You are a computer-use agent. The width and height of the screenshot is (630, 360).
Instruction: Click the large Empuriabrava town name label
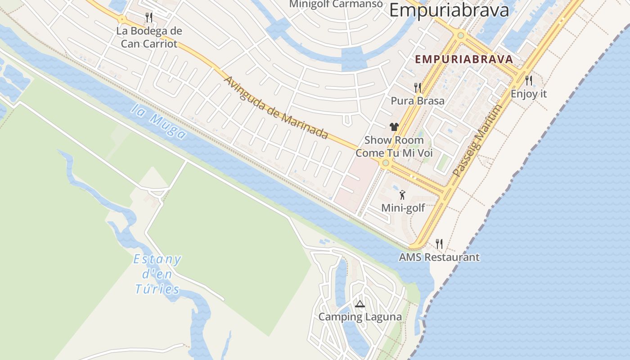point(449,10)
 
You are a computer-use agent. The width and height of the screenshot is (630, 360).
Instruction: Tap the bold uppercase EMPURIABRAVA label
point(464,59)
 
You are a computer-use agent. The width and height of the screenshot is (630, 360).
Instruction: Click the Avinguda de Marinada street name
point(275,108)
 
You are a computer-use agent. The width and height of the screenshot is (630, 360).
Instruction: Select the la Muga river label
point(159,122)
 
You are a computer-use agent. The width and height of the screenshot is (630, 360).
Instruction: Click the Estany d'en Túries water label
point(157,274)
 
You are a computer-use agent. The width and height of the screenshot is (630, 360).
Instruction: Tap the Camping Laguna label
point(360,317)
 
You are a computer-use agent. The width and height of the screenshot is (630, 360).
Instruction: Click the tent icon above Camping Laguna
point(360,304)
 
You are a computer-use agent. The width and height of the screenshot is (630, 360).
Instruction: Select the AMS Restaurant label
point(439,257)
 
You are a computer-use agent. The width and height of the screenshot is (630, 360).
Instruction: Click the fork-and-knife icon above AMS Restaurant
point(439,244)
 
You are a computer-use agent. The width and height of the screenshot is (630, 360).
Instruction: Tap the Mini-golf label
point(403,208)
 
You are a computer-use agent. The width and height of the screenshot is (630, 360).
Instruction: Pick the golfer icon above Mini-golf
point(402,195)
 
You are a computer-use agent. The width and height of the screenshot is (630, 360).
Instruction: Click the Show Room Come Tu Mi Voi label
point(394,147)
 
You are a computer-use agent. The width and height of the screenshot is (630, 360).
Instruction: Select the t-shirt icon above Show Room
point(394,127)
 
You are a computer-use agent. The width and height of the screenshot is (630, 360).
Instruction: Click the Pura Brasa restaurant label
point(418,101)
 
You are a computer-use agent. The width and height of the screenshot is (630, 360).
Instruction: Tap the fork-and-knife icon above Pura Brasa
point(418,87)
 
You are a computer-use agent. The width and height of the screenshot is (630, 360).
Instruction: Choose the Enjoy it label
point(528,94)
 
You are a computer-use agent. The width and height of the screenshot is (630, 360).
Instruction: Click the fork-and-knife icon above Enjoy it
point(529,81)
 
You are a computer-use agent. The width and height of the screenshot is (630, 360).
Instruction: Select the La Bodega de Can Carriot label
point(149,37)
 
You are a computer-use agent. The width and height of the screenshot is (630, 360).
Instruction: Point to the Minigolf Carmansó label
point(336,4)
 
